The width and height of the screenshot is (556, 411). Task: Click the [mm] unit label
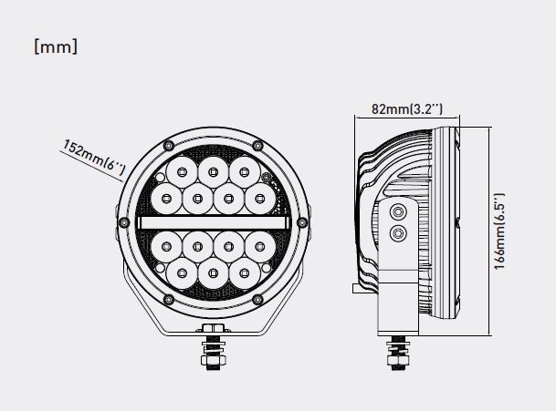[55, 46]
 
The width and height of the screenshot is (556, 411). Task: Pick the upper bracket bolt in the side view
[397, 211]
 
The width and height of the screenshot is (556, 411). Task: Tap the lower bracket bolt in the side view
[397, 234]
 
